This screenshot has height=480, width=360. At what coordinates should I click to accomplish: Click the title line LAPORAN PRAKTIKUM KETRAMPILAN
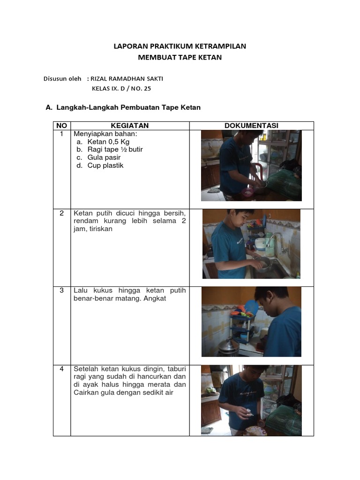tap(180, 46)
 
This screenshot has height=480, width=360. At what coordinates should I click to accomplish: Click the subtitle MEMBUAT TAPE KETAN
tap(180, 57)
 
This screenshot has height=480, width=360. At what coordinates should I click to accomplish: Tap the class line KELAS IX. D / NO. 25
tap(121, 88)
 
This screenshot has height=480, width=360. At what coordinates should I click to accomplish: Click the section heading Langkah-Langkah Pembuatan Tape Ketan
tap(128, 107)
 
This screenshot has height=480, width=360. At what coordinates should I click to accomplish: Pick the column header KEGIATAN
tap(130, 125)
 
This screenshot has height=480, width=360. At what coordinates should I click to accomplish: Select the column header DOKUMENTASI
tap(251, 125)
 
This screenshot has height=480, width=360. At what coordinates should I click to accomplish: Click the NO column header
tap(61, 125)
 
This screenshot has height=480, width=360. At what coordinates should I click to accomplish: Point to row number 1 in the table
tap(61, 134)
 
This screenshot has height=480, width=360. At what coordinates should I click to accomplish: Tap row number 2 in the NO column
tap(61, 213)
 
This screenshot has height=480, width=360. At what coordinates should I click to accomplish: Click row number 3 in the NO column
tap(61, 290)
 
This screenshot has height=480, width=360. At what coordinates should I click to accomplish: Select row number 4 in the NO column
tap(61, 369)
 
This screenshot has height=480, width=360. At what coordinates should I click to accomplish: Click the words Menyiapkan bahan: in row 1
tap(99, 134)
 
